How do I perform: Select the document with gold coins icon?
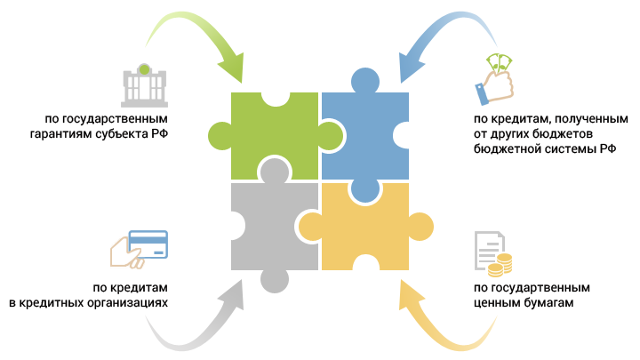492,252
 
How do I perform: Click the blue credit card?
149,242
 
